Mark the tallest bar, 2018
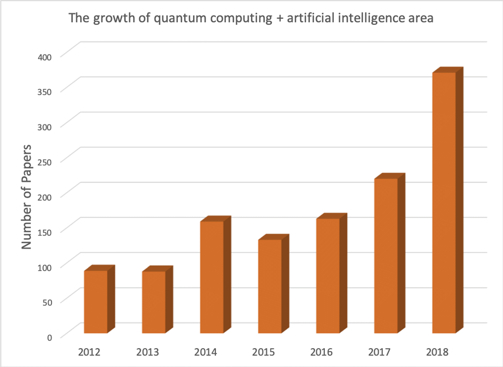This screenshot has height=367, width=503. (x=444, y=203)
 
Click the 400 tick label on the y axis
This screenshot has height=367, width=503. (x=45, y=57)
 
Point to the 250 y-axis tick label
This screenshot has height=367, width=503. (x=45, y=162)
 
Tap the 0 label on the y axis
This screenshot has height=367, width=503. (x=49, y=338)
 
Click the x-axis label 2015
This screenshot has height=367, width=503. (x=263, y=352)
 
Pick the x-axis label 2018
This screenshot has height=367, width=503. (x=437, y=352)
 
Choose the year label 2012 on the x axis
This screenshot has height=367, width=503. (x=89, y=352)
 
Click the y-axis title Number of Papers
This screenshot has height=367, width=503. (x=26, y=197)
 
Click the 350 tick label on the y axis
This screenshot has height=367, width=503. (x=45, y=92)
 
